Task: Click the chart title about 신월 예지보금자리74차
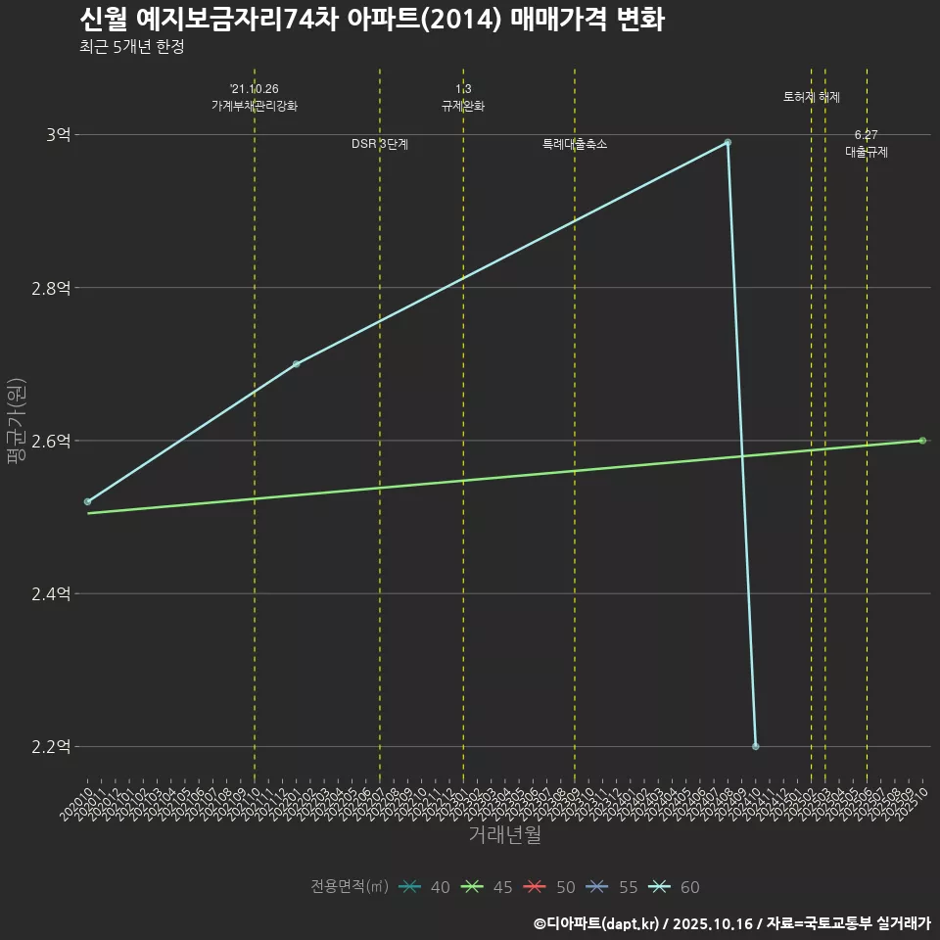coord(372,20)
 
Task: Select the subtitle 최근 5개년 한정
coord(131,47)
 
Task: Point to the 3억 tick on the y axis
coord(58,135)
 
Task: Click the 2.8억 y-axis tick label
coord(51,288)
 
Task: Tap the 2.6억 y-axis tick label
coord(51,441)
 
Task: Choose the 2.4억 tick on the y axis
coord(51,593)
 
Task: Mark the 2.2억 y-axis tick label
coord(51,746)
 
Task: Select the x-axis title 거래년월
coord(504,834)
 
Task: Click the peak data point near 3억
coord(728,142)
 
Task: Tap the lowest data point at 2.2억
coord(755,746)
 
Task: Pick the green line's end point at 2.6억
coord(922,441)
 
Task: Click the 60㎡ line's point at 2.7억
coord(297,364)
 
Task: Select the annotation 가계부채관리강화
coord(255,106)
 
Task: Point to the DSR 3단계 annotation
coord(380,144)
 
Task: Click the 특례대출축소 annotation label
coord(575,144)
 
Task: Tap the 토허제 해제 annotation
coord(812,97)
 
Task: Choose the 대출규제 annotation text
coord(867,153)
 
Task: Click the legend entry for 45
coord(490,887)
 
